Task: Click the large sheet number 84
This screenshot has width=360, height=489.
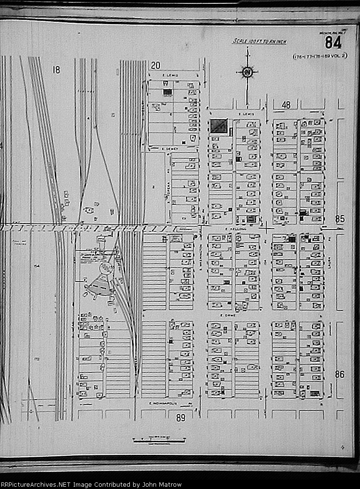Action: point(333,43)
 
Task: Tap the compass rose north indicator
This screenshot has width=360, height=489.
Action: point(247,72)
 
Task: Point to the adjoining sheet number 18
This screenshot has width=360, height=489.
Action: point(56,70)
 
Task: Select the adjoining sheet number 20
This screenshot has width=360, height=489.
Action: point(156,66)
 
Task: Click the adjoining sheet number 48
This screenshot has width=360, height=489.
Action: point(286,105)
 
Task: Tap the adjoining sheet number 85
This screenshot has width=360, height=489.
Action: point(340,219)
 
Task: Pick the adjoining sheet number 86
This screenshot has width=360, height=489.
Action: point(340,374)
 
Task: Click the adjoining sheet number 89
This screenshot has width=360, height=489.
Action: point(181,418)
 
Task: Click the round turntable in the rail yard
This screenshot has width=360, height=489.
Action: point(107,268)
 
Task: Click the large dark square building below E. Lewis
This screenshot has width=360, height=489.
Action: point(218,126)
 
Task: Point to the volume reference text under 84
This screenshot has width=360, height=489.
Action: point(320,56)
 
